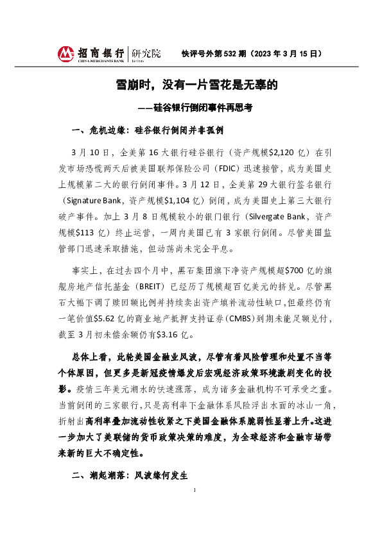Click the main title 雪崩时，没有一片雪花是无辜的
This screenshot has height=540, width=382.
pyautogui.click(x=191, y=85)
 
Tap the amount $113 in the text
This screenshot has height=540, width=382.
pyautogui.click(x=90, y=232)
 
